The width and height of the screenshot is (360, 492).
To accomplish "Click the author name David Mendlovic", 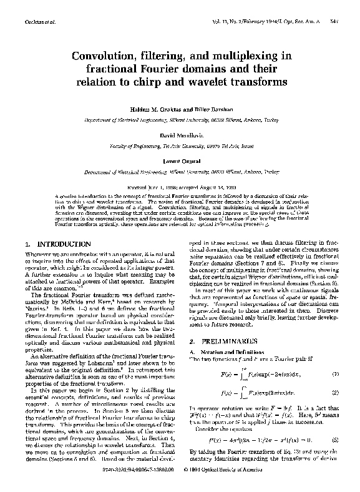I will tap(180, 135).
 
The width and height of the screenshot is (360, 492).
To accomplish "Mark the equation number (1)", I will tap(335, 375).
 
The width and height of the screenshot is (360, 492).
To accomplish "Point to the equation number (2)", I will tap(335, 395).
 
